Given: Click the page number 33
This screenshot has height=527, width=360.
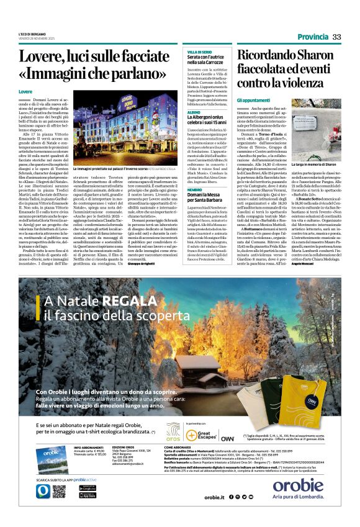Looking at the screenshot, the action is point(336,37).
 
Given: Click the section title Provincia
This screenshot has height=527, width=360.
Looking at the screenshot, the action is point(312,37).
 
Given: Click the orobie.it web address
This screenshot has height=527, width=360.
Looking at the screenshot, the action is point(214,497).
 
